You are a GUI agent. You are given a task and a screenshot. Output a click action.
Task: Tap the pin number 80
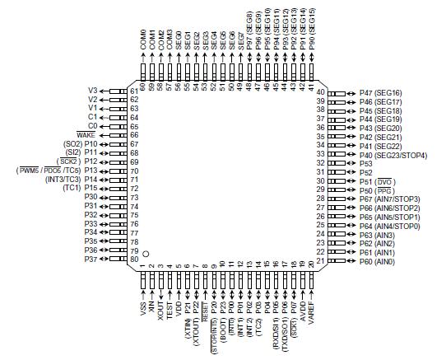pos(134,259)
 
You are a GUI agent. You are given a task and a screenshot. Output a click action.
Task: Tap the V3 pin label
pos(93,90)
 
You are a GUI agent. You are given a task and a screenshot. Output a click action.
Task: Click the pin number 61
pos(134,91)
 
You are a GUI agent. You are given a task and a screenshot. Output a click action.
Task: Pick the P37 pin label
pos(90,259)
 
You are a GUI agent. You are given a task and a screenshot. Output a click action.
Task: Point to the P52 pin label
pos(366,171)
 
